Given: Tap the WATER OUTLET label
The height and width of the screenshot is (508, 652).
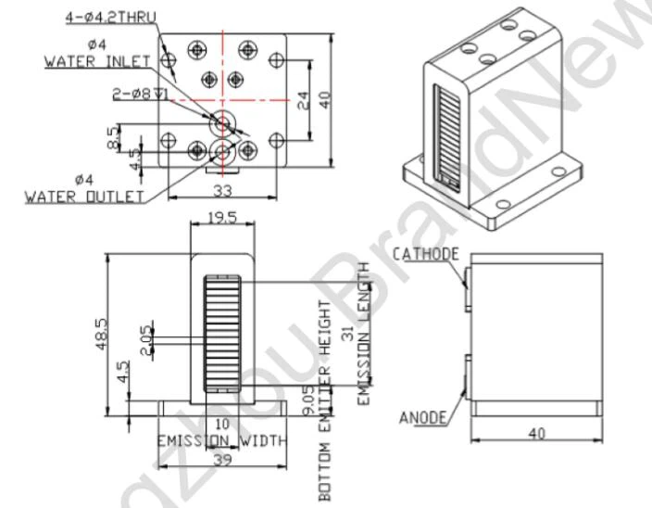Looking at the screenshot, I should tap(84, 197).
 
